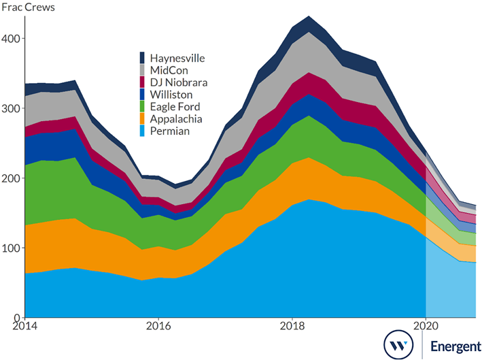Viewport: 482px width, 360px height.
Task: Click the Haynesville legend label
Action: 177,59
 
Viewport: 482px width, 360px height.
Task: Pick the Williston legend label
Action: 171,95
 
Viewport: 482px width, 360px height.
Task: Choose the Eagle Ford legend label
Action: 175,107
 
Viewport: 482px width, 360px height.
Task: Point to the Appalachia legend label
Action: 174,119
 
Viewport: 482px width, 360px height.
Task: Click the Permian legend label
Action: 169,131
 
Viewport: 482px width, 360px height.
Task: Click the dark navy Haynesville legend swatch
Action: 142,59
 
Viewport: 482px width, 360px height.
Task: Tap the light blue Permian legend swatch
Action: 142,131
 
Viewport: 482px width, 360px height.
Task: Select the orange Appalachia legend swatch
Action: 142,119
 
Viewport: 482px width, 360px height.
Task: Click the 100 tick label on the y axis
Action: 12,248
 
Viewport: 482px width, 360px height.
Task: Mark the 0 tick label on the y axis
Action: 16,318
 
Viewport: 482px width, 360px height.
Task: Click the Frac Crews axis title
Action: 30,8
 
